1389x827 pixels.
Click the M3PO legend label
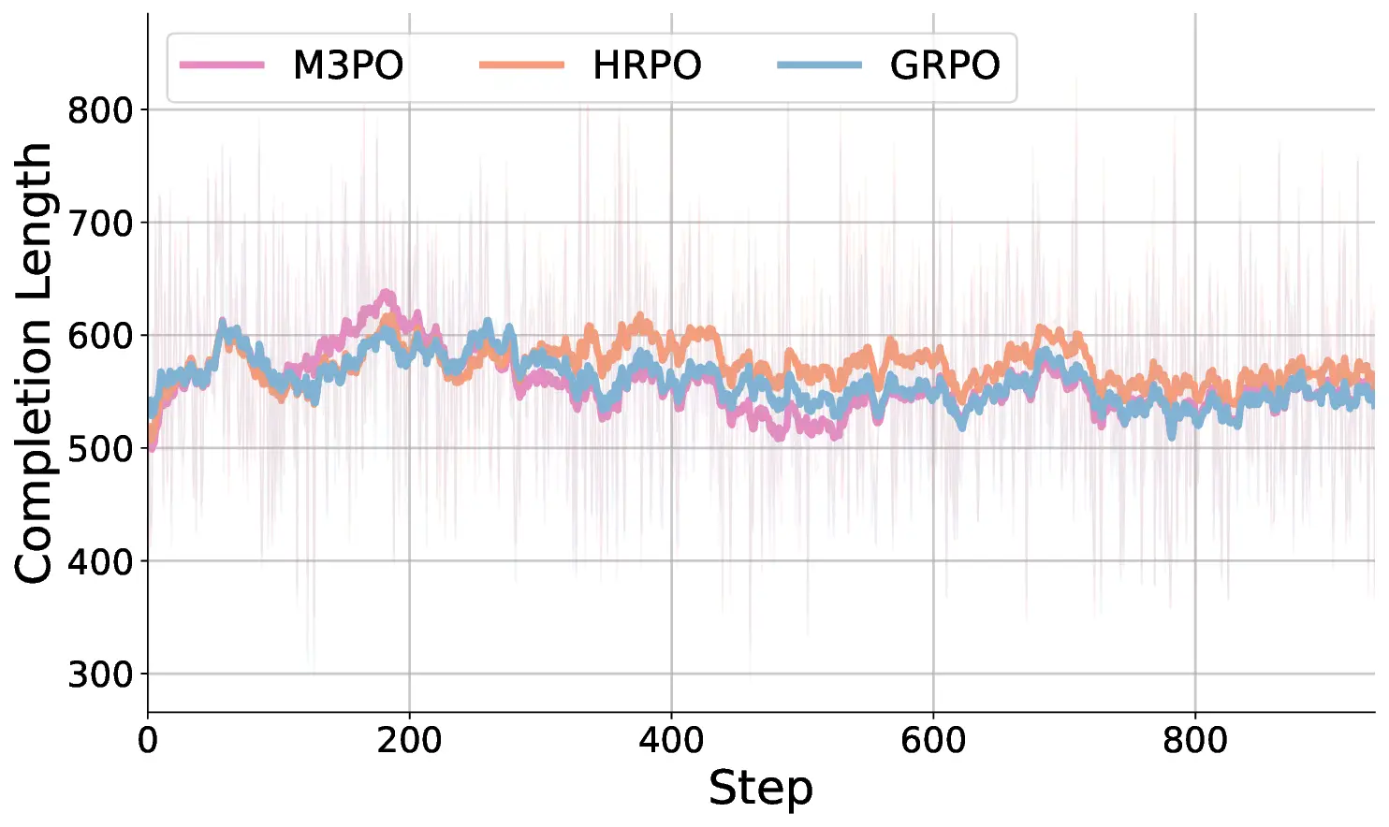[x=347, y=65]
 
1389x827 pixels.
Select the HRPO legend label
[x=647, y=65]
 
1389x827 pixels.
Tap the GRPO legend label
[x=944, y=65]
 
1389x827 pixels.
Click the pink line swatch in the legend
[x=223, y=65]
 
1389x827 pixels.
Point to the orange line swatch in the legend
[x=521, y=65]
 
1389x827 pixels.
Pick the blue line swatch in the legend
[x=820, y=65]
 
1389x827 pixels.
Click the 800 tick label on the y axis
[x=101, y=110]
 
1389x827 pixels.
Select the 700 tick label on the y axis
[x=101, y=224]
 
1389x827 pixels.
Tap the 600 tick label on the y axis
[x=101, y=336]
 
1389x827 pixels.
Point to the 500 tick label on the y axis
[x=101, y=449]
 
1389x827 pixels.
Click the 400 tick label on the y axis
[x=101, y=562]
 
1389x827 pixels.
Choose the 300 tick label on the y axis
[x=101, y=675]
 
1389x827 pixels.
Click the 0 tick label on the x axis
[x=148, y=741]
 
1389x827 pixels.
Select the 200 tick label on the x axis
[x=409, y=741]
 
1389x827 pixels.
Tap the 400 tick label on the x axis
[x=671, y=741]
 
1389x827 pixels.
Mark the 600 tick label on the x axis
[x=933, y=741]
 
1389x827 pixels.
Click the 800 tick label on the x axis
[x=1195, y=741]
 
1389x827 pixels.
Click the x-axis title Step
[x=760, y=788]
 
